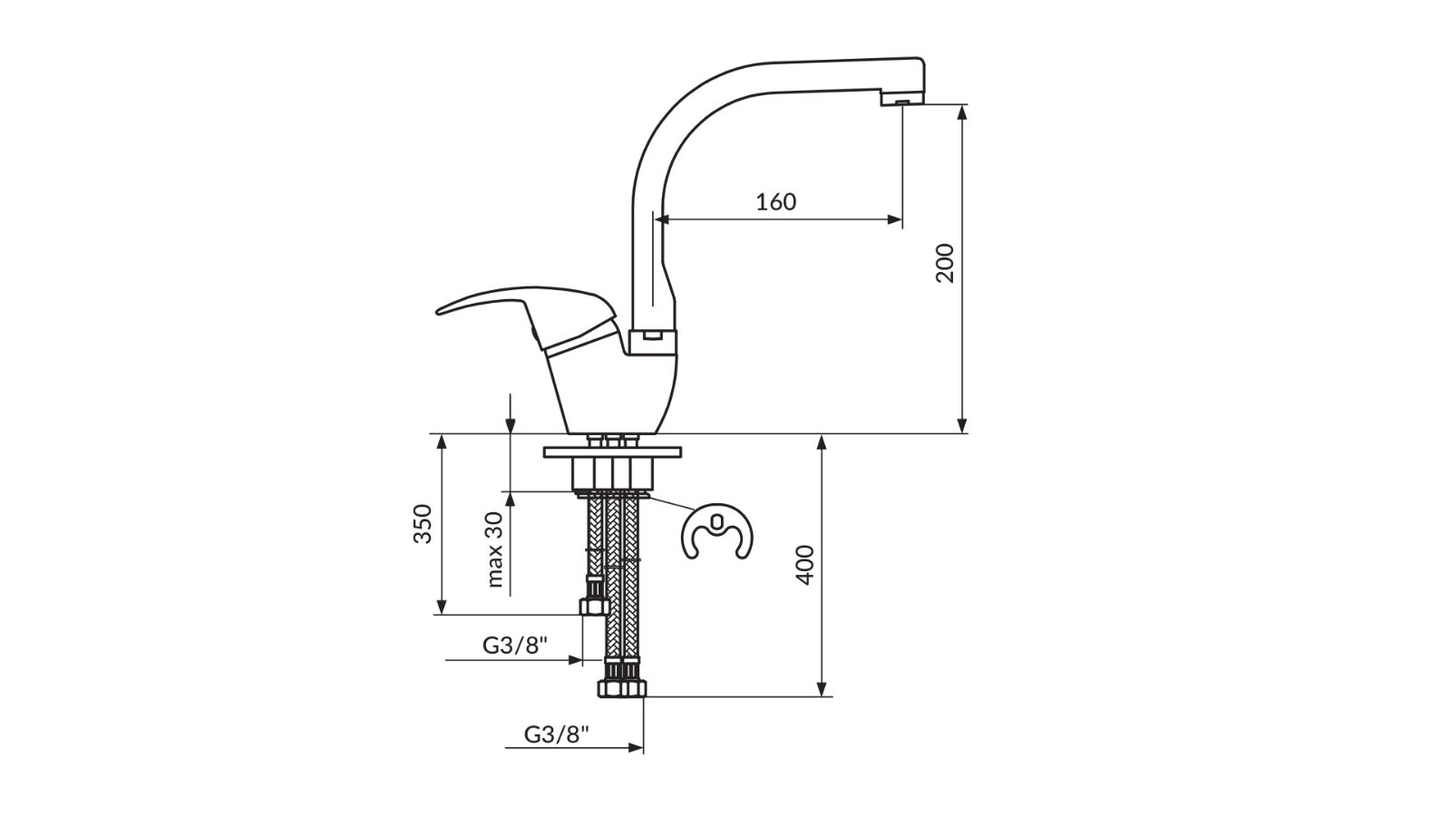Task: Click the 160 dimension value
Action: [x=775, y=202]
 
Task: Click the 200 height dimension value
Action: [x=946, y=263]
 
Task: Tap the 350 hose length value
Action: [x=423, y=523]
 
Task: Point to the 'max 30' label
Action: [x=494, y=549]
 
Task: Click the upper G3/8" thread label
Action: [x=515, y=645]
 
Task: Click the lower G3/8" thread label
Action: [x=557, y=733]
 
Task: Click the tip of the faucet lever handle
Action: [x=439, y=312]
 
